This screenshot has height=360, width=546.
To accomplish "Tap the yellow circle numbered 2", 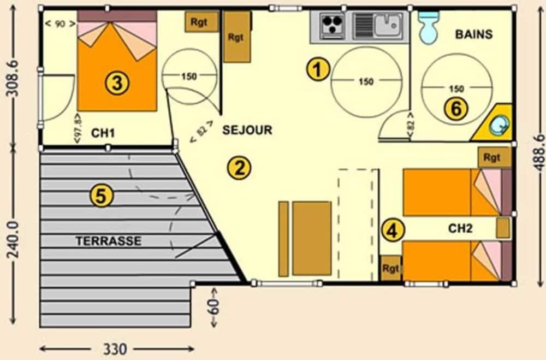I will click(x=239, y=168).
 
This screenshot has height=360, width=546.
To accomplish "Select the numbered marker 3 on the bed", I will click(x=118, y=83).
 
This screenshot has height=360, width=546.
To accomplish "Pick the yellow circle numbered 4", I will click(x=391, y=229).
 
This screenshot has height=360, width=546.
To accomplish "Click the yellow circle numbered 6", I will click(x=456, y=109).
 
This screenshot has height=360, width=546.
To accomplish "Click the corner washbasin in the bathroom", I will click(x=497, y=126).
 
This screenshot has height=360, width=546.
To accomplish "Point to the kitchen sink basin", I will click(x=389, y=22).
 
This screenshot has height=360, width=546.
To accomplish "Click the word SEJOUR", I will click(x=247, y=131).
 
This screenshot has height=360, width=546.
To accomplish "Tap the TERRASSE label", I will click(x=109, y=241).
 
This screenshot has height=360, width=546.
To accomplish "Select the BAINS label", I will click(x=473, y=34).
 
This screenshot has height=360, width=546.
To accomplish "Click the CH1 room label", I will click(x=103, y=132).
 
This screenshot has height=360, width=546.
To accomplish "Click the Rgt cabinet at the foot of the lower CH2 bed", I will click(x=390, y=269).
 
